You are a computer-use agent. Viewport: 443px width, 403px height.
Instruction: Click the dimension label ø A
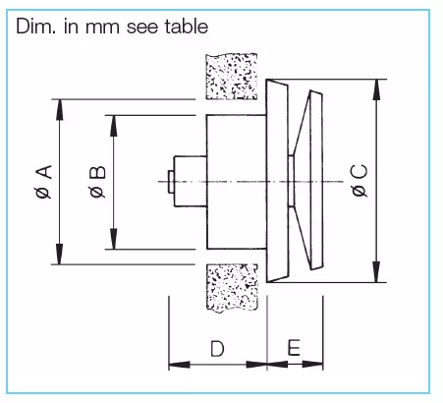[x=44, y=182]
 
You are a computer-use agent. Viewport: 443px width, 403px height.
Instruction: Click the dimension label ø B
[x=97, y=182]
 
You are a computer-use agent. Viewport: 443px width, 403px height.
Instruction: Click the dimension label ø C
[x=360, y=181]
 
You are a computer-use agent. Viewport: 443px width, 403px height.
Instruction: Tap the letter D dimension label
[x=217, y=349]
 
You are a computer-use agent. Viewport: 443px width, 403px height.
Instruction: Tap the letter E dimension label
[x=294, y=348]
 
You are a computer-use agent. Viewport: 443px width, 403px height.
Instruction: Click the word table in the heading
[x=187, y=27]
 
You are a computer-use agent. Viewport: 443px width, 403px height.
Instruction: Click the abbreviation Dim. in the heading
[x=36, y=27]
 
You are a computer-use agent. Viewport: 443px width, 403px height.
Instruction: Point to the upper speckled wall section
[x=232, y=77]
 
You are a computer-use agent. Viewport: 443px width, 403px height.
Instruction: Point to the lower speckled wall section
[x=233, y=288]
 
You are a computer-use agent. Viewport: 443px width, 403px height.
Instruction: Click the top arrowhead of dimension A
[x=59, y=110]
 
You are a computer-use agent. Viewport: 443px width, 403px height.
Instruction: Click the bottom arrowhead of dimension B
[x=113, y=239]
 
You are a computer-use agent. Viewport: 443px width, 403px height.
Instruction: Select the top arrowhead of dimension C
[x=376, y=89]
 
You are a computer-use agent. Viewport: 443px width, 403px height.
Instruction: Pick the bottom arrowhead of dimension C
[x=376, y=271]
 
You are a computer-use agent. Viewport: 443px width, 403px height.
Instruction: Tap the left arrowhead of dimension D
[x=179, y=365]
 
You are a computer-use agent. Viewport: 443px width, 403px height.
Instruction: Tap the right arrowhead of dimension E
[x=312, y=364]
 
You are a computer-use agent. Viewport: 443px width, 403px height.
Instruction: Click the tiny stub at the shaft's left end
[x=171, y=182]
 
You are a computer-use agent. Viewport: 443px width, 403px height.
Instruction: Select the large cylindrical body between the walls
[x=236, y=182]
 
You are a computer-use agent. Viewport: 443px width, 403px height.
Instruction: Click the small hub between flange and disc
[x=291, y=181]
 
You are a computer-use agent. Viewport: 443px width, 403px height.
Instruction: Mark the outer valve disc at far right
[x=316, y=180]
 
